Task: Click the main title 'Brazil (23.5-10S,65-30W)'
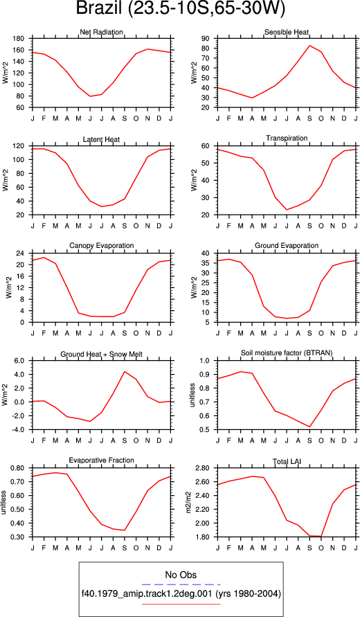[x=180, y=9]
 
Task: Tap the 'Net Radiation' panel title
[x=102, y=32]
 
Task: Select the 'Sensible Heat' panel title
[x=287, y=32]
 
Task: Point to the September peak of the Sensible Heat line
[x=309, y=45]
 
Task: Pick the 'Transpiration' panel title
[x=287, y=138]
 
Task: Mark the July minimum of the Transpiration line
[x=287, y=209]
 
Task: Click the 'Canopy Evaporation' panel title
[x=102, y=246]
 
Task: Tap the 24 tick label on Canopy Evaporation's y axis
[x=21, y=253]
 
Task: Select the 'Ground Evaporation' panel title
[x=287, y=246]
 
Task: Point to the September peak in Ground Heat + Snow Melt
[x=125, y=371]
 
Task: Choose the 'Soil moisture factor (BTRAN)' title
[x=287, y=353]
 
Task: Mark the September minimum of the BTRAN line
[x=309, y=427]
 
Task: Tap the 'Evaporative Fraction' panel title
[x=102, y=460]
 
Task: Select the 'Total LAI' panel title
[x=287, y=460]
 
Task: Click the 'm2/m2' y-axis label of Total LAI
[x=188, y=503]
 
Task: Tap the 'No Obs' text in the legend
[x=181, y=575]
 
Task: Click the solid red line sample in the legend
[x=181, y=604]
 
